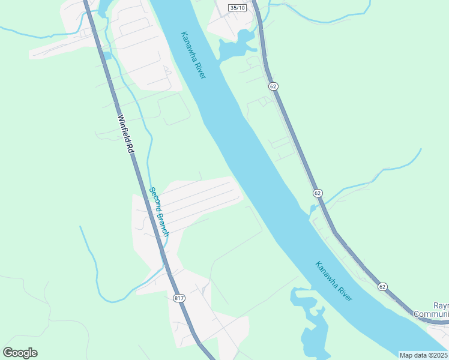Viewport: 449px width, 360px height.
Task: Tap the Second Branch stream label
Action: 160,212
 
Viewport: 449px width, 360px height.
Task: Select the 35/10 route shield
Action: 238,7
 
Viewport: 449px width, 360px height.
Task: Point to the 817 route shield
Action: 178,298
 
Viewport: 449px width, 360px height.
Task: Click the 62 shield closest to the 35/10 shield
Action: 273,86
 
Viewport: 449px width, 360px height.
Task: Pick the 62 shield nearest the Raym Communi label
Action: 383,287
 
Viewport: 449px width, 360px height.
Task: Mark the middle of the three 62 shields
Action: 318,193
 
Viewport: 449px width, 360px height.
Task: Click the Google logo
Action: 20,352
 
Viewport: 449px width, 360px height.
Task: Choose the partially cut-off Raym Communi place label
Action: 432,310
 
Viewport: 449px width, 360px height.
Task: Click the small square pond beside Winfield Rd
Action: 107,56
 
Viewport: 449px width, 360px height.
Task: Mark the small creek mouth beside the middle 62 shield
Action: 313,208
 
